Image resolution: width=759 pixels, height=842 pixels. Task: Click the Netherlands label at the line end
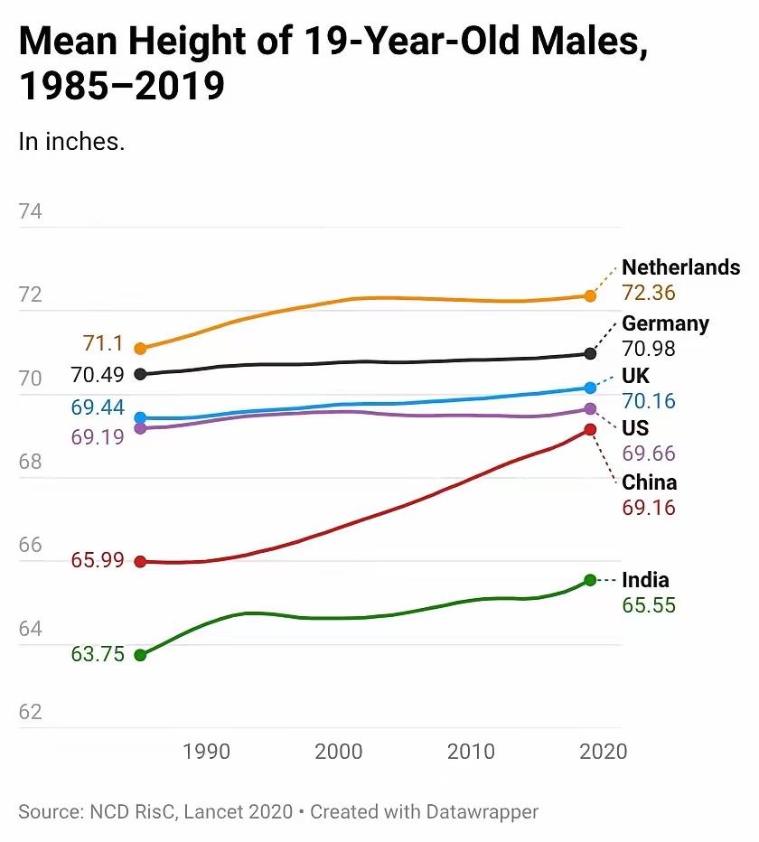(x=680, y=267)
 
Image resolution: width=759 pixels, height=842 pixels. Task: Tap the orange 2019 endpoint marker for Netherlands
(x=590, y=295)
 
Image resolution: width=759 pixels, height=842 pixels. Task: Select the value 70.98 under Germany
(x=649, y=349)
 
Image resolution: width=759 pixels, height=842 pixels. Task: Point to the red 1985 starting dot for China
(x=140, y=561)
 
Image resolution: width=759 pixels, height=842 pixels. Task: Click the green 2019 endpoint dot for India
(x=590, y=580)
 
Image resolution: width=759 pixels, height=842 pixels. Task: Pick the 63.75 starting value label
(x=98, y=655)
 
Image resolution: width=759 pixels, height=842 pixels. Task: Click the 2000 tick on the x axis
(x=339, y=752)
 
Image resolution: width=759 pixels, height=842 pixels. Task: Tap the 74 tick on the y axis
(x=30, y=212)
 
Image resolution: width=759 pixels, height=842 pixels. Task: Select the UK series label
(x=635, y=376)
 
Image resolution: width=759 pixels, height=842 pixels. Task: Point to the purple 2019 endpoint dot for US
(x=590, y=409)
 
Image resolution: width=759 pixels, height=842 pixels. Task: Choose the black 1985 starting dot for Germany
(x=140, y=374)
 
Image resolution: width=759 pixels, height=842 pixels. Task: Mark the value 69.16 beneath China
(x=649, y=508)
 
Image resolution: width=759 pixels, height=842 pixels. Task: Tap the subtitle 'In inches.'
(x=71, y=142)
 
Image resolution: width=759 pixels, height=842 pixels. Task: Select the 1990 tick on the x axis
(x=206, y=752)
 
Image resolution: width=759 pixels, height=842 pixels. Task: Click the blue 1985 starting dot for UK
(x=140, y=418)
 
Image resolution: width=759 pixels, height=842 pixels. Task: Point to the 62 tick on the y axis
(x=30, y=712)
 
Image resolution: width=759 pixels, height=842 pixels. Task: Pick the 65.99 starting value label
(x=98, y=560)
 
